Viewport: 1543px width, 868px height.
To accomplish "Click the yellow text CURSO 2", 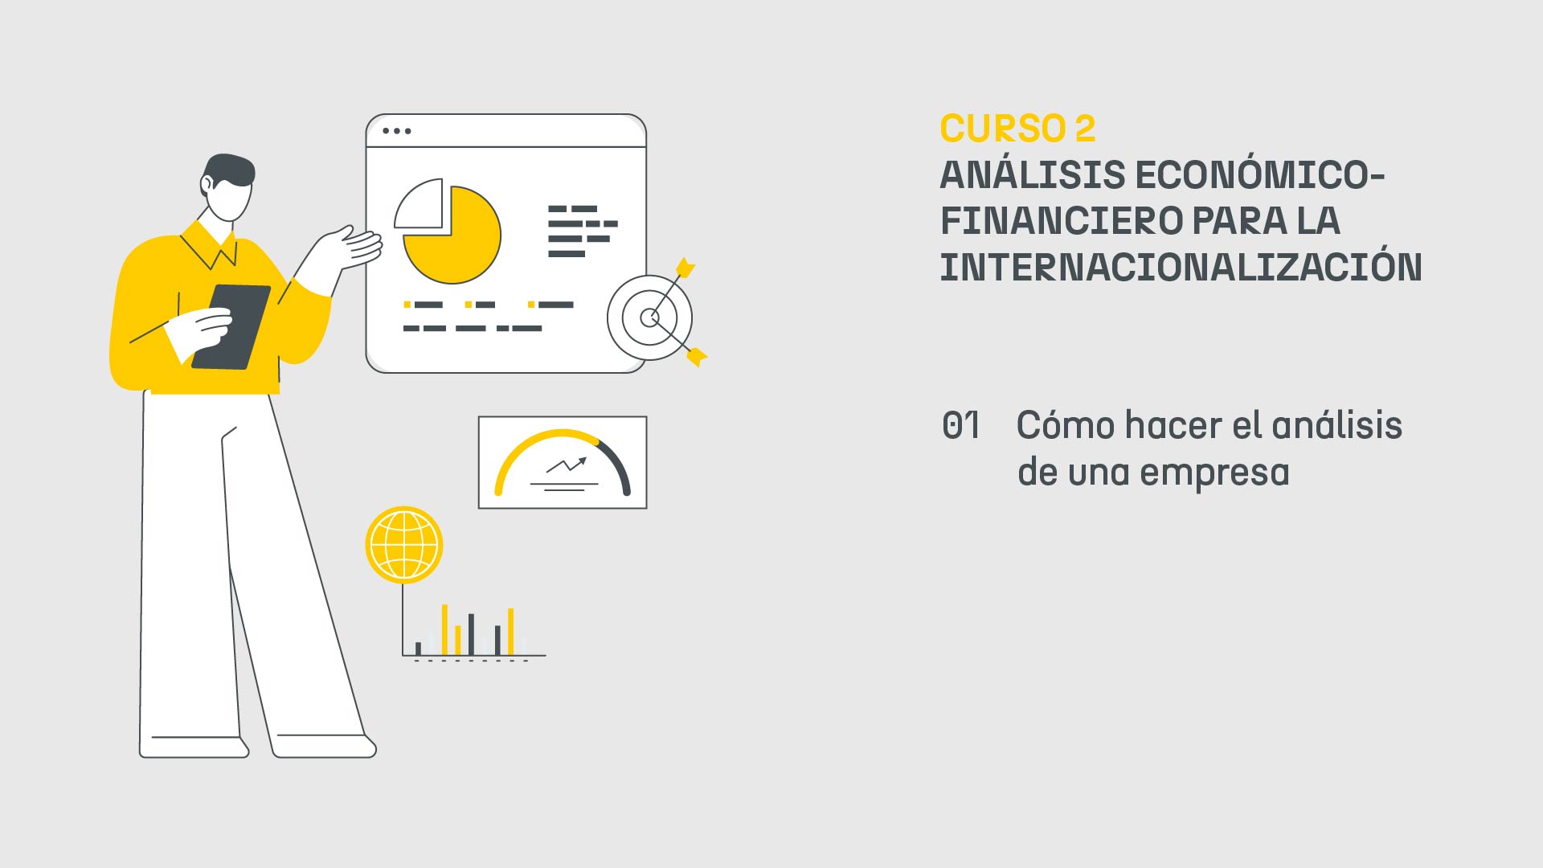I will pos(1017,129).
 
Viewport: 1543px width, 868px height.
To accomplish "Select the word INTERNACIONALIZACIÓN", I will pos(1181,268).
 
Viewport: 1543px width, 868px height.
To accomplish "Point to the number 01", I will pos(961,426).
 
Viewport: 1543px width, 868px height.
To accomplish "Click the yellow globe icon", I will pos(404,545).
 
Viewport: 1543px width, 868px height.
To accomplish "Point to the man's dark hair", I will pos(228,169).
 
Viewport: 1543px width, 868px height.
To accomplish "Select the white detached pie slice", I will pos(420,205).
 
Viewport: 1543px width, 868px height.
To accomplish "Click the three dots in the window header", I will pos(397,131).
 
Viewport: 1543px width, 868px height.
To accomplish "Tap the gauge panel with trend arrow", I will pos(563,462).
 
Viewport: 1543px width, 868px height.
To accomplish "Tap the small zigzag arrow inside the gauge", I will pos(567,464).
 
